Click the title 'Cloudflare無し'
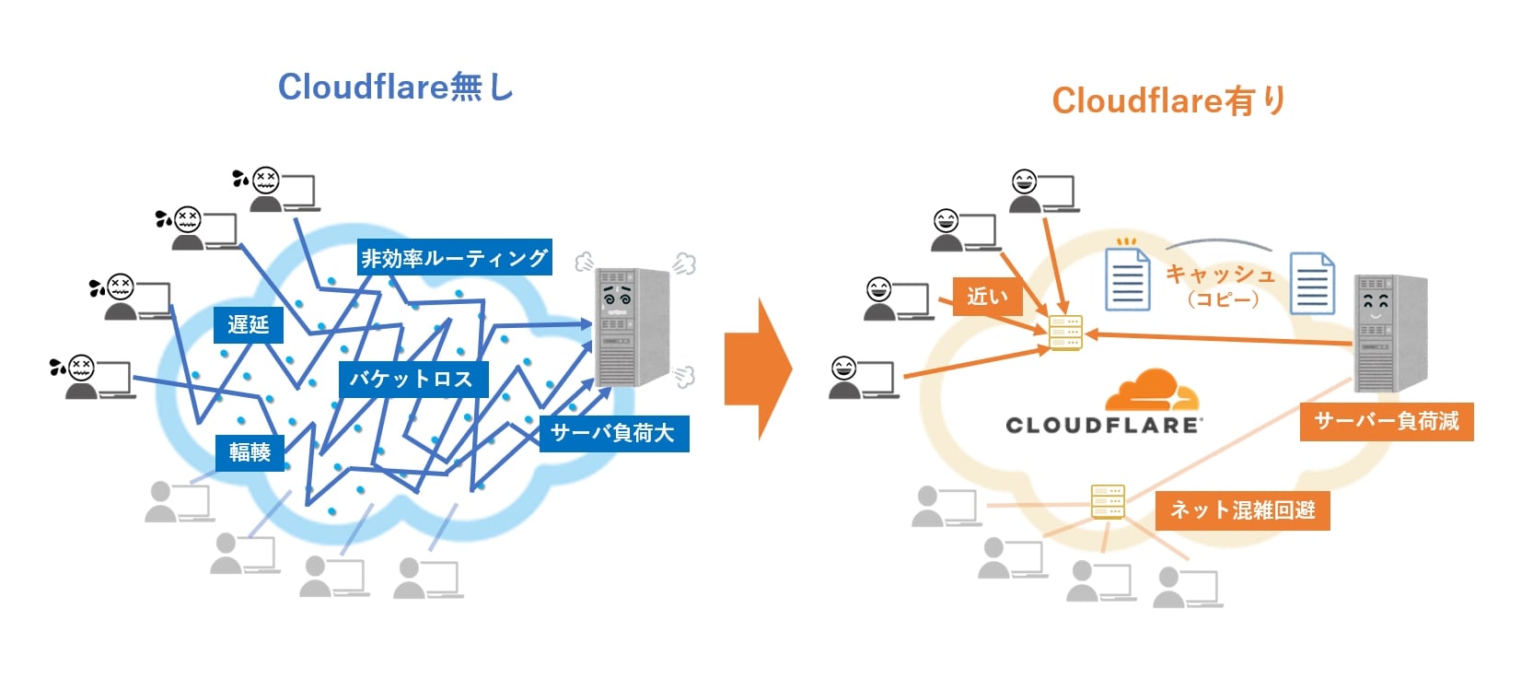[395, 87]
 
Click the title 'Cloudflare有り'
[1168, 100]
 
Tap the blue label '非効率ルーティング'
[455, 258]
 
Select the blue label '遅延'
[248, 324]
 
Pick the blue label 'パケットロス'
[411, 379]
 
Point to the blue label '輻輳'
[250, 451]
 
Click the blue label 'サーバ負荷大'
[613, 432]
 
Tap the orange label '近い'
[987, 297]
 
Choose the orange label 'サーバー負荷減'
[1386, 421]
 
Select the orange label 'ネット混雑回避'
[1242, 509]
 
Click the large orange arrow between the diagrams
[757, 368]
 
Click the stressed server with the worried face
[632, 326]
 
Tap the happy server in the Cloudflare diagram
[1389, 332]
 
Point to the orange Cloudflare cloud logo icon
[1152, 391]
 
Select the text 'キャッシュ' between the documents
[1220, 274]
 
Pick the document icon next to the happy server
[1312, 284]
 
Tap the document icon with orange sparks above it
[1127, 279]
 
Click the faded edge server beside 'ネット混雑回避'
[1108, 501]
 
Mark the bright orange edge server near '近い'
[1065, 333]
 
